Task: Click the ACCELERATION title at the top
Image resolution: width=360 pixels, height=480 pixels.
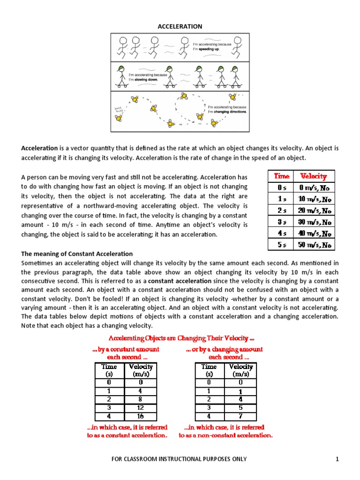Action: (180, 26)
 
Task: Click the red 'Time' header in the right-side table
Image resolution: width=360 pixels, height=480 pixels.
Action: (281, 176)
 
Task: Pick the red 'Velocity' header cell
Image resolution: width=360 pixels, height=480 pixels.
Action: (314, 176)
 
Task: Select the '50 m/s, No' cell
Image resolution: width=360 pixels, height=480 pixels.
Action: (314, 245)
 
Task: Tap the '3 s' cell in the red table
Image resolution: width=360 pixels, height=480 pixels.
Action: (281, 222)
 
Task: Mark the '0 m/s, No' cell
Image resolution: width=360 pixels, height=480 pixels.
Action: (314, 188)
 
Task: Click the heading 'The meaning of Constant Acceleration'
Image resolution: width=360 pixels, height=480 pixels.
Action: (77, 254)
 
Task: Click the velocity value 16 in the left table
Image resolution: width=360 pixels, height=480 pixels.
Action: (140, 416)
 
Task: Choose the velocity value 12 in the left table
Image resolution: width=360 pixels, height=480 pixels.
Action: (140, 408)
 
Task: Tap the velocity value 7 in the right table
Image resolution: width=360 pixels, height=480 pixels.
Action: (240, 416)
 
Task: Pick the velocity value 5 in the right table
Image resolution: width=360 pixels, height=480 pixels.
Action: (240, 408)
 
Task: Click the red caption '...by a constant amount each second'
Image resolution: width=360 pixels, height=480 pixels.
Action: (126, 353)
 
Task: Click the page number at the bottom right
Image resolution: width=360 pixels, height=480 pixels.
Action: (337, 459)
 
